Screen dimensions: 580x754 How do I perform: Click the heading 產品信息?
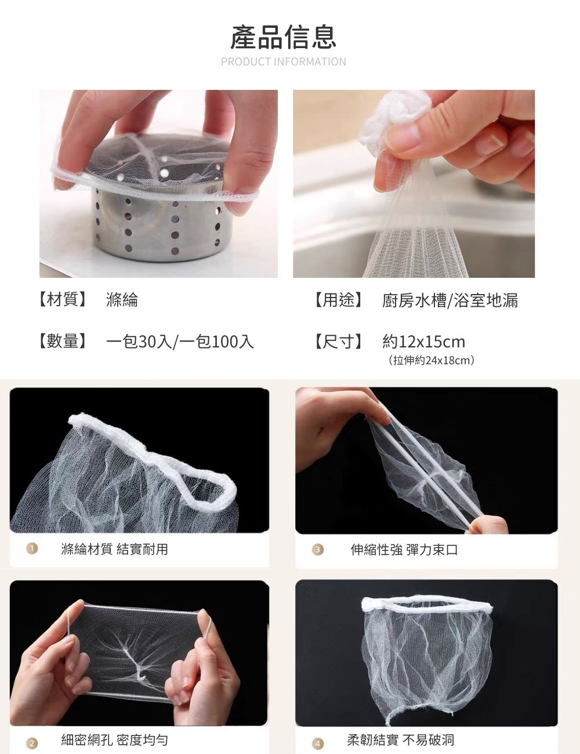pyautogui.click(x=284, y=37)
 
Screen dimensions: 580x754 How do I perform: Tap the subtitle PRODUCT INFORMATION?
pyautogui.click(x=284, y=61)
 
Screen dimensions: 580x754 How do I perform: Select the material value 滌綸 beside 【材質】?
pyautogui.click(x=122, y=300)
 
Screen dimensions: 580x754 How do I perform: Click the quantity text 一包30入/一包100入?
pyautogui.click(x=180, y=342)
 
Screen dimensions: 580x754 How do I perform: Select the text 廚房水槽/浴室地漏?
pyautogui.click(x=450, y=300)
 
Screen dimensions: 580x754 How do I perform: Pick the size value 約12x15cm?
pyautogui.click(x=423, y=342)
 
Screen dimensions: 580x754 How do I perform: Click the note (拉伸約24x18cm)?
pyautogui.click(x=431, y=361)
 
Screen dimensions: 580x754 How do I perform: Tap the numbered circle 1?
pyautogui.click(x=32, y=548)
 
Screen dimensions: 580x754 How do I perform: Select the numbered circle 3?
pyautogui.click(x=318, y=549)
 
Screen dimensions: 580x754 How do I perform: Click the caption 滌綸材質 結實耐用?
pyautogui.click(x=114, y=549)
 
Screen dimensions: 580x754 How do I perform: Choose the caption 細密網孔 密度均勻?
pyautogui.click(x=114, y=739)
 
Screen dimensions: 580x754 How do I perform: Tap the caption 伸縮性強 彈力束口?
pyautogui.click(x=404, y=550)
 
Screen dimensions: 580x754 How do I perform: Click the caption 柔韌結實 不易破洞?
pyautogui.click(x=401, y=739)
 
